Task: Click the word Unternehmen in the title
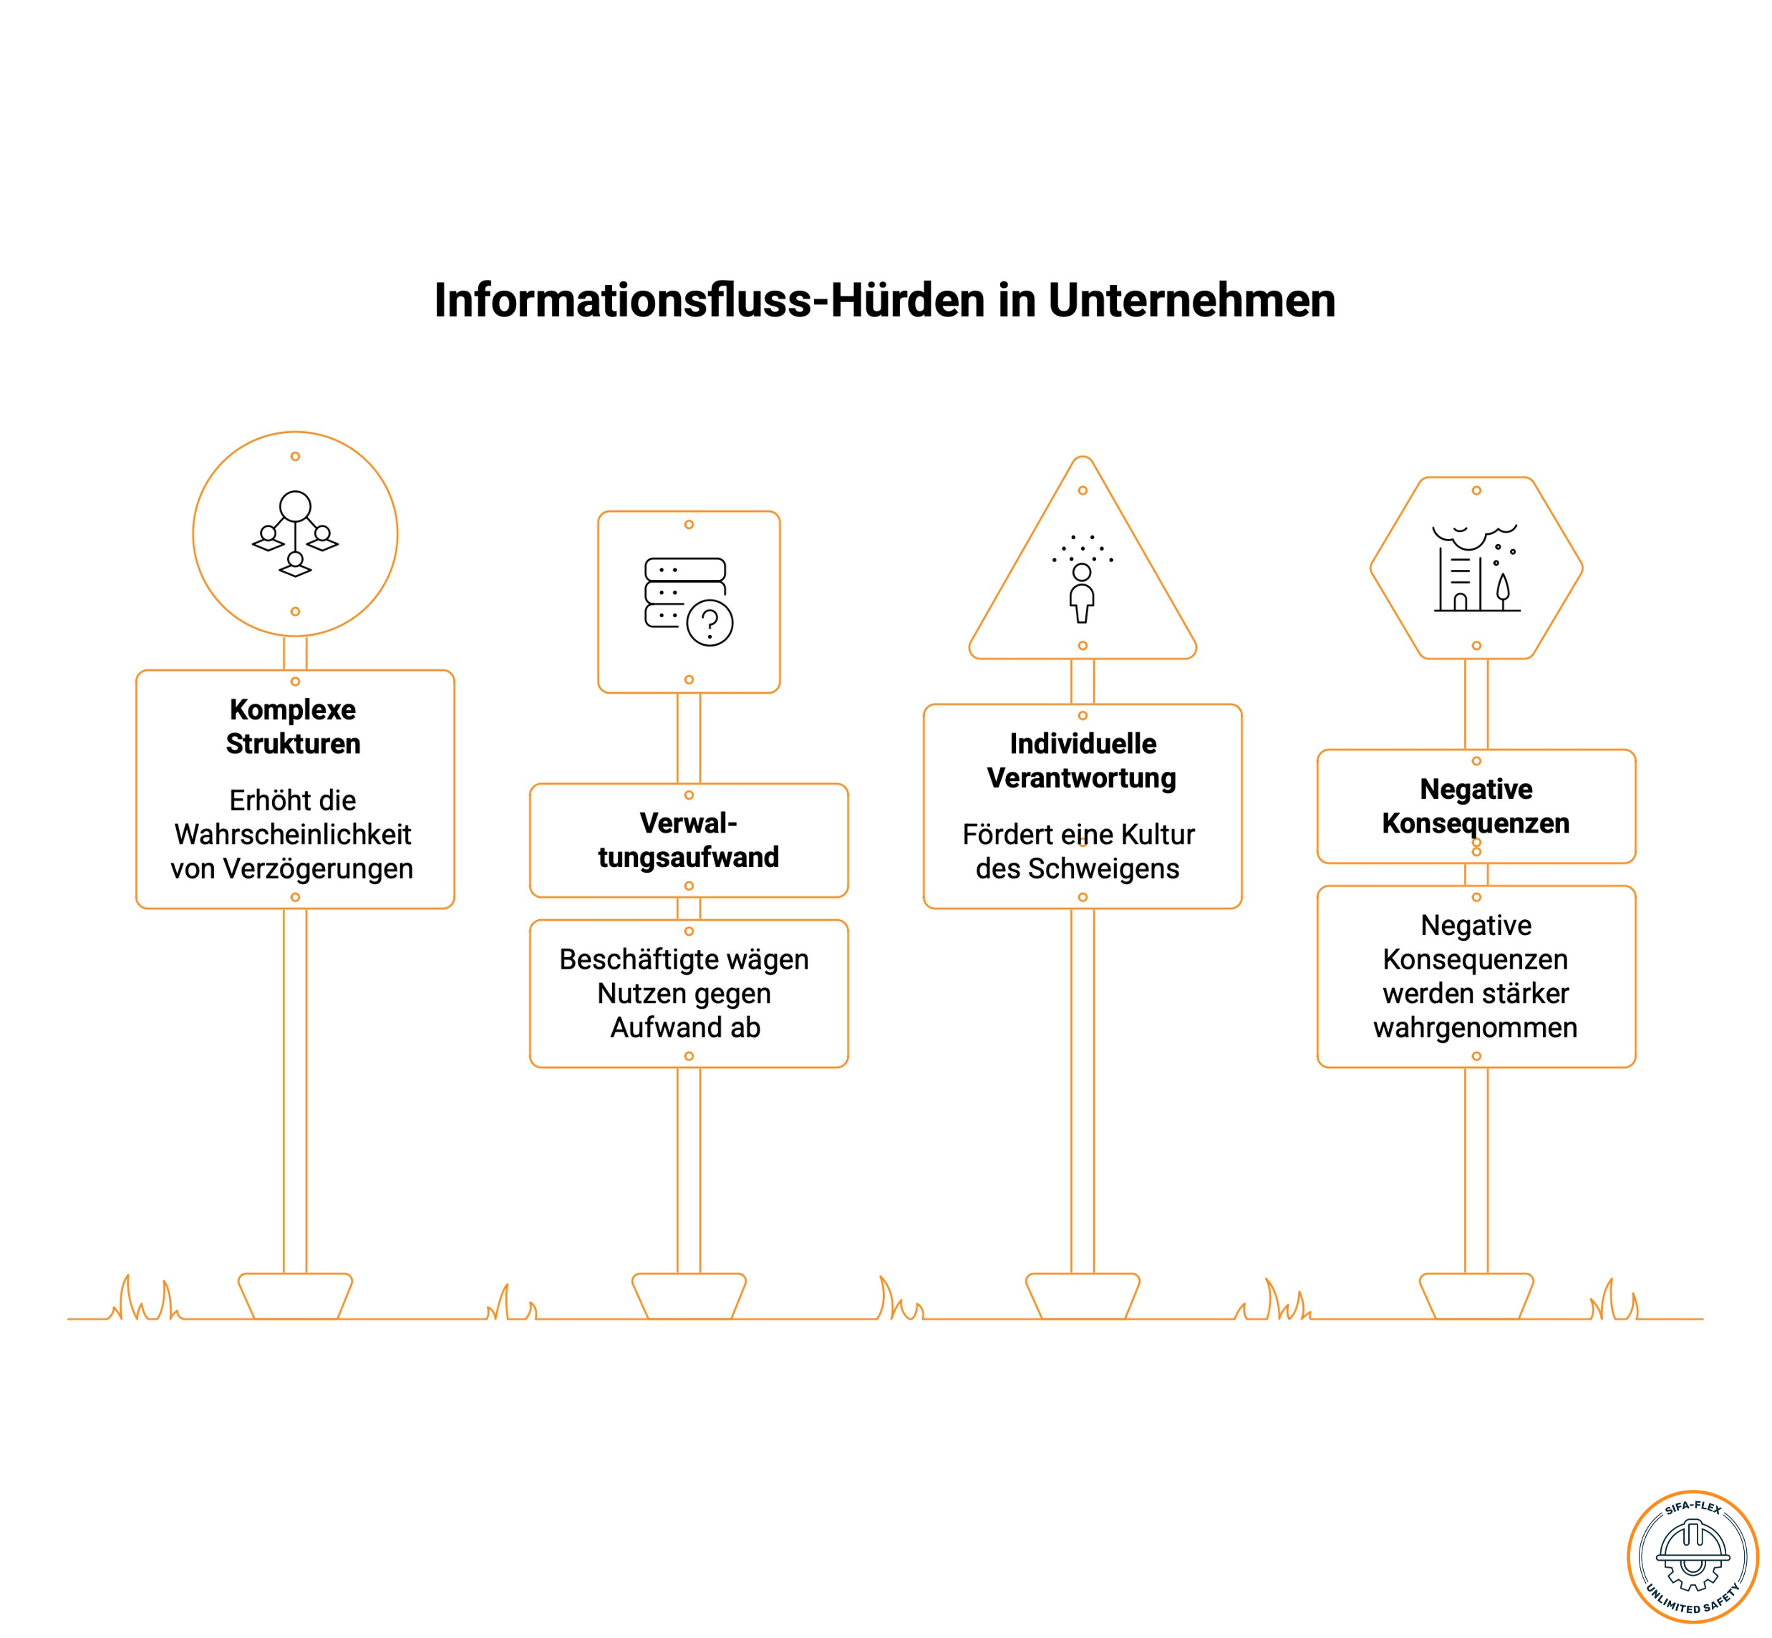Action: (x=1191, y=301)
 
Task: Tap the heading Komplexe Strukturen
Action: (x=294, y=726)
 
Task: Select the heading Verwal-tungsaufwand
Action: (x=689, y=839)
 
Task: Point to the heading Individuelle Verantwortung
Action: (x=1082, y=760)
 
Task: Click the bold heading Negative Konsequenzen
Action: (x=1476, y=805)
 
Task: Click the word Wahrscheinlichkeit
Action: (x=293, y=834)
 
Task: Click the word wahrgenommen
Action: (x=1475, y=1028)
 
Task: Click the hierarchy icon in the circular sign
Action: (x=295, y=533)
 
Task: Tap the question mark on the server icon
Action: (x=709, y=623)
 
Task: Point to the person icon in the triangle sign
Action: (x=1082, y=592)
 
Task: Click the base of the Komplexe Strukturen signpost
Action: (x=295, y=1297)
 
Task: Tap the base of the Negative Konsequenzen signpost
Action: (x=1476, y=1297)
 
